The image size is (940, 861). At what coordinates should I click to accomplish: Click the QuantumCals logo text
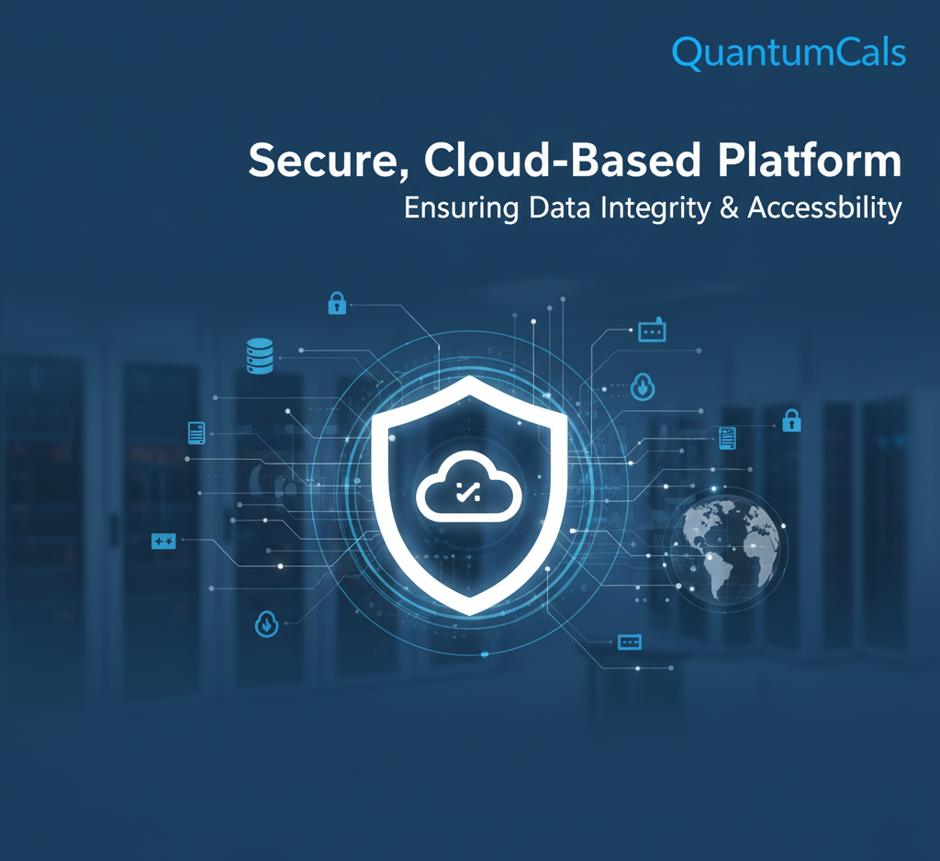[x=789, y=52]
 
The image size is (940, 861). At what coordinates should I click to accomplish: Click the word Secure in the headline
[x=318, y=162]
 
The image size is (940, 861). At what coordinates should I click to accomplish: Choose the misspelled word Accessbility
[x=824, y=208]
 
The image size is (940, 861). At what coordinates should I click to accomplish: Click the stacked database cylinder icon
[x=260, y=355]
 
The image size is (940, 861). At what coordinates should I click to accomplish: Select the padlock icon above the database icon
[x=337, y=303]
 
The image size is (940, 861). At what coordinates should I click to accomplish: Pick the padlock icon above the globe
[x=791, y=421]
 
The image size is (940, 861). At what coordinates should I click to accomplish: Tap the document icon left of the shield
[x=196, y=431]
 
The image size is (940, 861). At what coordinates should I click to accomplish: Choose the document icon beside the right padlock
[x=727, y=438]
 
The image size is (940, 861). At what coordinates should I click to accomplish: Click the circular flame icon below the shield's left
[x=264, y=624]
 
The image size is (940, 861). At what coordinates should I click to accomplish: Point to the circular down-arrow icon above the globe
[x=643, y=386]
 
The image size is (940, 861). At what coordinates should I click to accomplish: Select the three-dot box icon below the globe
[x=630, y=642]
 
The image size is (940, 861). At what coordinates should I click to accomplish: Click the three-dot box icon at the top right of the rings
[x=652, y=331]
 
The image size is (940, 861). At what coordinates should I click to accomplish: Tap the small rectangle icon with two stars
[x=162, y=542]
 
